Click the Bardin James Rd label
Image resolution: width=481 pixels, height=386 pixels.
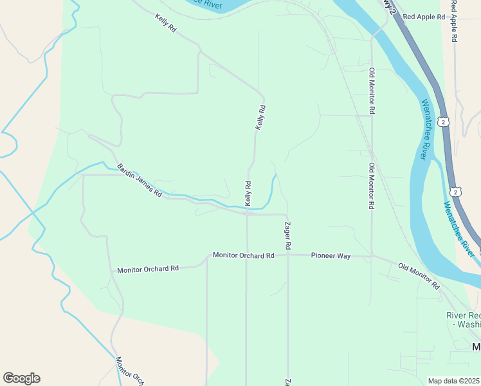tap(139, 179)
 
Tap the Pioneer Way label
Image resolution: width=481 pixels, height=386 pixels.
tap(331, 256)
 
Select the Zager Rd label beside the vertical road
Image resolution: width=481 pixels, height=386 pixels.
tap(288, 235)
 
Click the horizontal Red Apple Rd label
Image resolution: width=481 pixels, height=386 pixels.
tap(424, 17)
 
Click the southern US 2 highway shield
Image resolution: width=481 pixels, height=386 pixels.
tap(455, 192)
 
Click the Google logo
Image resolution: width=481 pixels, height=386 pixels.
tap(21, 378)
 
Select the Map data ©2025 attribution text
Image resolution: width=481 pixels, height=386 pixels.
tap(453, 381)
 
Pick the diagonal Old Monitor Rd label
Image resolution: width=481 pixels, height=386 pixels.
tap(418, 275)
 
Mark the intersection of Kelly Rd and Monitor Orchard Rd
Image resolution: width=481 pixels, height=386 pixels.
tap(247, 255)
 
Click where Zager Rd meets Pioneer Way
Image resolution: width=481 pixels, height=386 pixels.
tap(287, 255)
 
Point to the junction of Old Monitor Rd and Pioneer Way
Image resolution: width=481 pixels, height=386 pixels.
tap(372, 256)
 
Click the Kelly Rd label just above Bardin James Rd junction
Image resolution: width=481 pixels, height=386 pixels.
tap(248, 194)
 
